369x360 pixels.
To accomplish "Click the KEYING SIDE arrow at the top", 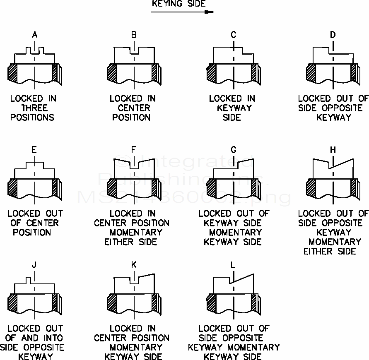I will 182,12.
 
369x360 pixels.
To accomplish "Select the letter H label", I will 333,150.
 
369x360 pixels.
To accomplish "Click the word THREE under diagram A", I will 35,108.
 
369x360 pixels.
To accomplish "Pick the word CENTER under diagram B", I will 133,108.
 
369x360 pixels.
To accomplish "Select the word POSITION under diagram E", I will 32,232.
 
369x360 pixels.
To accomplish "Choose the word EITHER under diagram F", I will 118,242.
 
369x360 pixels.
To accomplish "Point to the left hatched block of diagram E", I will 12,188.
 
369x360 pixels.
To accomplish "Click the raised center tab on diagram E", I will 35,165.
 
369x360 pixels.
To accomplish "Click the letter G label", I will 234,150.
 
